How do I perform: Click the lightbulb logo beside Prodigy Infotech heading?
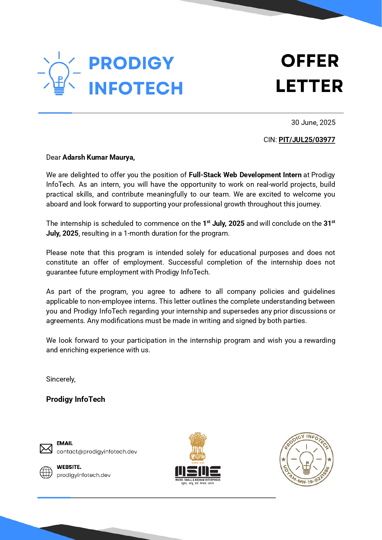(59, 74)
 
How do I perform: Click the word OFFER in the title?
(310, 61)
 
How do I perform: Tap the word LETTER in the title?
(309, 86)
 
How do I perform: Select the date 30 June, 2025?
(313, 122)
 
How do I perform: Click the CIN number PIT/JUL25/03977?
(307, 140)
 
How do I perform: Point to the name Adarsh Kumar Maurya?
(98, 157)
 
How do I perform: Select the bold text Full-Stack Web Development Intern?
(245, 175)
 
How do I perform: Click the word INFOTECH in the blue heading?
(136, 88)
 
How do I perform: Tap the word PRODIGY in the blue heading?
(131, 63)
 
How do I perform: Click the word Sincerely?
(61, 379)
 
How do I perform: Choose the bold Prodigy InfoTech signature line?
(75, 399)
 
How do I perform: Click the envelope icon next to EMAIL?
(46, 449)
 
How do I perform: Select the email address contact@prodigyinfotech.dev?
(97, 452)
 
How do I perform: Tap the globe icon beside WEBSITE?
(46, 472)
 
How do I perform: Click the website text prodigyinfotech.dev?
(83, 475)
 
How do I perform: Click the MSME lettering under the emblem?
(198, 471)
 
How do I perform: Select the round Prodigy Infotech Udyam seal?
(306, 459)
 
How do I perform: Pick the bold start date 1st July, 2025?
(224, 223)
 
